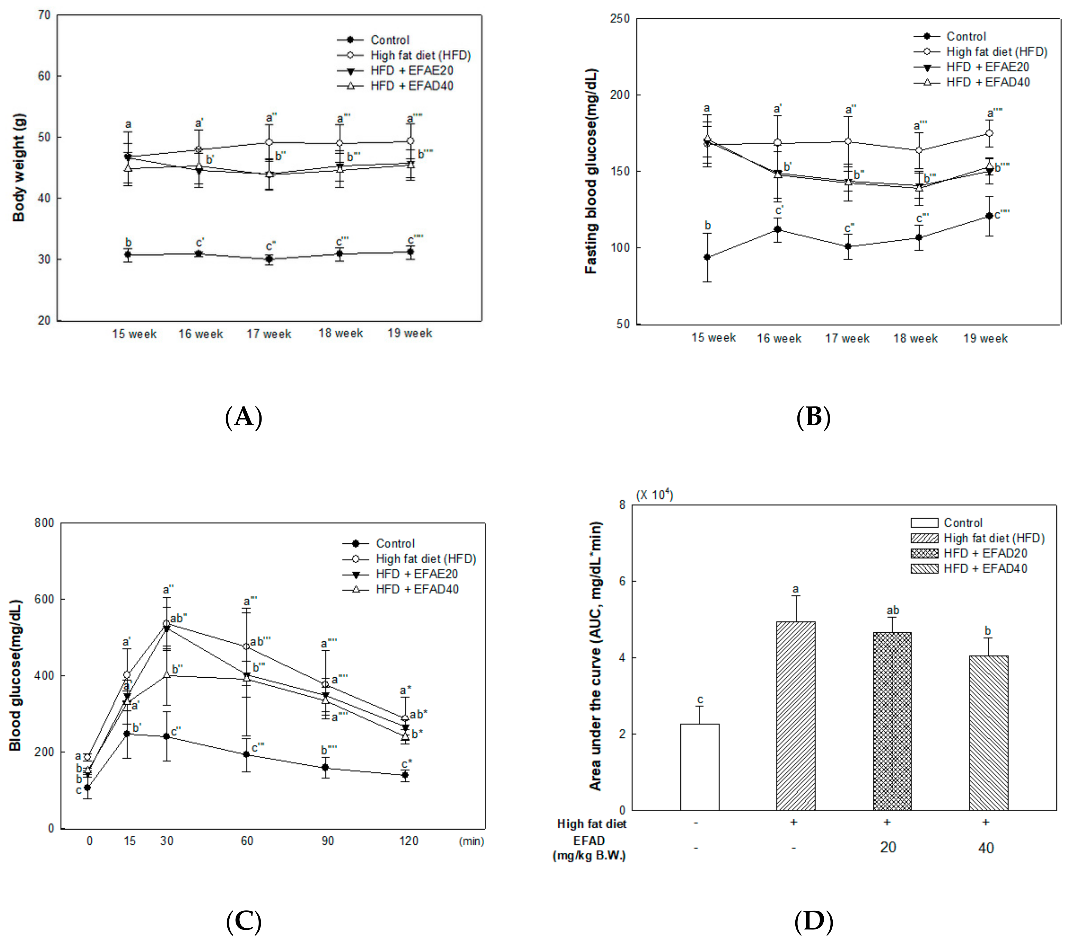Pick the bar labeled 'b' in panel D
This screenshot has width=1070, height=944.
988,733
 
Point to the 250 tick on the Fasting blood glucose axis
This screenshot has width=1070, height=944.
620,19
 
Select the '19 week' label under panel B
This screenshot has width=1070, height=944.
985,338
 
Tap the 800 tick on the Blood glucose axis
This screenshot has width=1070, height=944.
44,523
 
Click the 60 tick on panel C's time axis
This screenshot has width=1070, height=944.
247,841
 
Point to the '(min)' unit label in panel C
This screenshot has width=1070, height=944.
471,841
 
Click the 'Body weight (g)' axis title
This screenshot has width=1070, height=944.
19,167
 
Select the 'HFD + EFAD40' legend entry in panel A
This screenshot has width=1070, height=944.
411,86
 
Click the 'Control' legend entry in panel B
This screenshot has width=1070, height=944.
966,36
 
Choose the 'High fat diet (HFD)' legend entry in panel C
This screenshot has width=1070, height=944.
426,559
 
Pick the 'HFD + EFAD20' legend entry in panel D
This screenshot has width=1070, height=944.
985,553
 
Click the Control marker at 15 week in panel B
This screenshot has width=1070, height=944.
707,257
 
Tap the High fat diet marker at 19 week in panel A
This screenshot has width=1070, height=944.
410,141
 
